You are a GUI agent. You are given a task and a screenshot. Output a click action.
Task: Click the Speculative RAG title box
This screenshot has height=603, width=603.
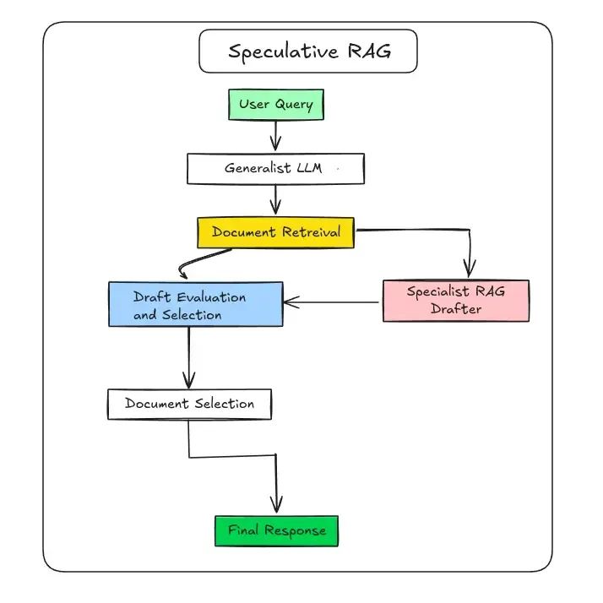308,52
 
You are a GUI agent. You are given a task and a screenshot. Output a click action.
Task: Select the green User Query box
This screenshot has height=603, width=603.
275,105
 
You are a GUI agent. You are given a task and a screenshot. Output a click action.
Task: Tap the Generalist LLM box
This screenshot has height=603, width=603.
275,168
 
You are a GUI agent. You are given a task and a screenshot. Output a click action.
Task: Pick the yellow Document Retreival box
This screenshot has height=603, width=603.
275,232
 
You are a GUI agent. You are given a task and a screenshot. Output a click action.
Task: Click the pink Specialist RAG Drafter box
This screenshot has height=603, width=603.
455,301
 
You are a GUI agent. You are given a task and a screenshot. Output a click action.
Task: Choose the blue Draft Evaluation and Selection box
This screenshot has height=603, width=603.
195,304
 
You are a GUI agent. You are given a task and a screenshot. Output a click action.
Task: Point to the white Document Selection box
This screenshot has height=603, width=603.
189,404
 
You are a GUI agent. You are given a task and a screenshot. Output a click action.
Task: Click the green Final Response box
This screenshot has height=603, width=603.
276,531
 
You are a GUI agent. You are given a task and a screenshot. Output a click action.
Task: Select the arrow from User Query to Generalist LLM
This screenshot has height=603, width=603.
275,135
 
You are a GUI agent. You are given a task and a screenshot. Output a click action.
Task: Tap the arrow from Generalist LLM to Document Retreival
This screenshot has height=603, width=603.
275,200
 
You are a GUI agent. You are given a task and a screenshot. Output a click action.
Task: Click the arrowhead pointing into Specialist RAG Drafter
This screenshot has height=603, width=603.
470,269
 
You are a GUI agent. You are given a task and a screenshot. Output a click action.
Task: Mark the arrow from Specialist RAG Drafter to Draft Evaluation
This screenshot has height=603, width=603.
331,301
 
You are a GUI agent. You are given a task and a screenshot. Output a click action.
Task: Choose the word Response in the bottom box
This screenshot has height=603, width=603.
295,531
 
